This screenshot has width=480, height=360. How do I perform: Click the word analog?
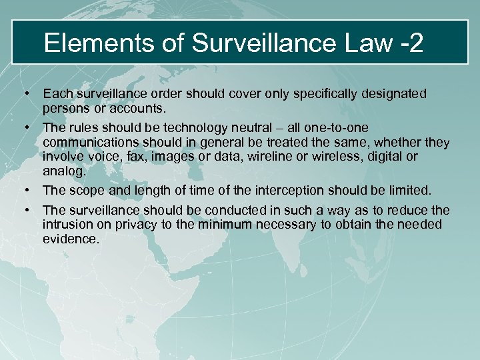[x=64, y=171]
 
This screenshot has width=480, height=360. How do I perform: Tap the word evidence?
[x=71, y=238]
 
